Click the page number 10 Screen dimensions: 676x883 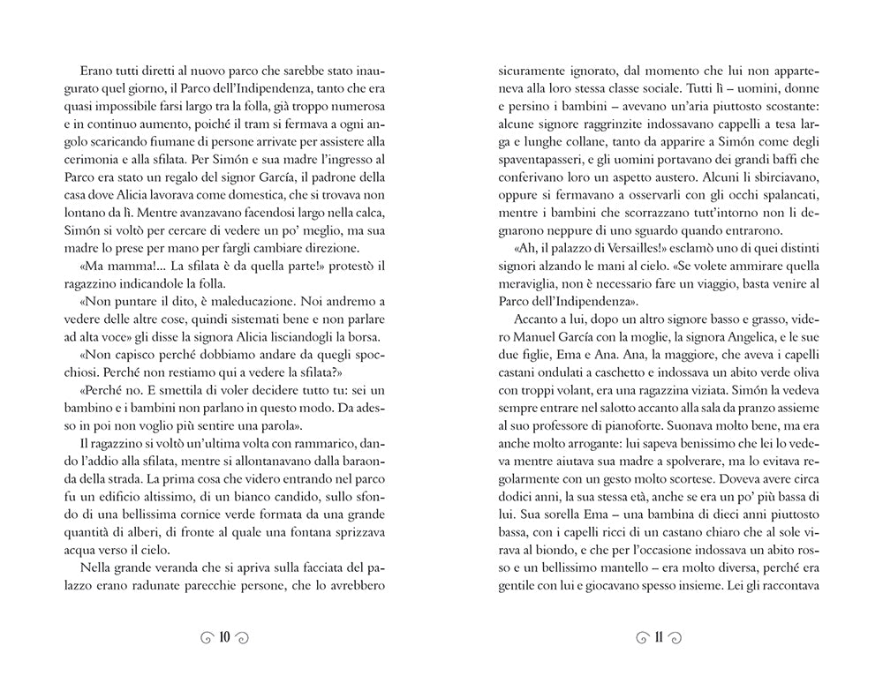tap(223, 637)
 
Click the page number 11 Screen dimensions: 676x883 tap(658, 637)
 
